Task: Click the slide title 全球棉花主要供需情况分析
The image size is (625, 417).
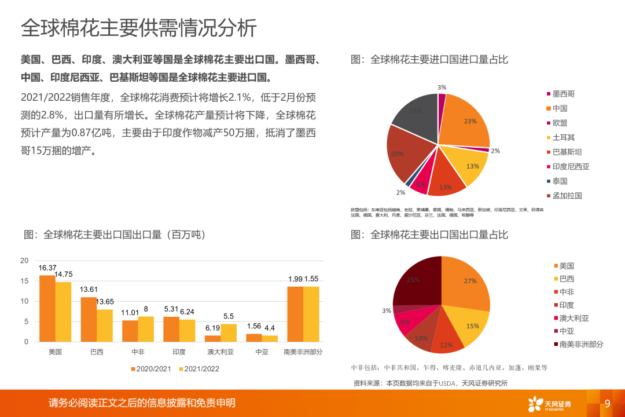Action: click(139, 27)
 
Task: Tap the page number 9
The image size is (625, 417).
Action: click(608, 404)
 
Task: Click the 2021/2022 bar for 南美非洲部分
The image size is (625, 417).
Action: click(311, 314)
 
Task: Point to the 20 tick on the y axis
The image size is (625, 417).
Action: click(24, 261)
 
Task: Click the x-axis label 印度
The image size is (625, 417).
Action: click(179, 352)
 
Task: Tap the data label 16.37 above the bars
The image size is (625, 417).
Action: click(47, 268)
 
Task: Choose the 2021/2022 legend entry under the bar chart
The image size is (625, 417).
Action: click(198, 368)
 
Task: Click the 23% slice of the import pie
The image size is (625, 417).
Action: click(466, 122)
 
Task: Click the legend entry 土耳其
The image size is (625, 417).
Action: click(563, 137)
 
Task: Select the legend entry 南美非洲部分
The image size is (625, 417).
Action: click(581, 344)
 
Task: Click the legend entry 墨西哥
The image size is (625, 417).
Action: click(563, 93)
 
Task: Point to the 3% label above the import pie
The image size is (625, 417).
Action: click(442, 87)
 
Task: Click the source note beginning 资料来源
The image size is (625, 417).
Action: click(431, 383)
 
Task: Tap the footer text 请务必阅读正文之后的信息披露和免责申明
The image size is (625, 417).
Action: click(142, 403)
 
